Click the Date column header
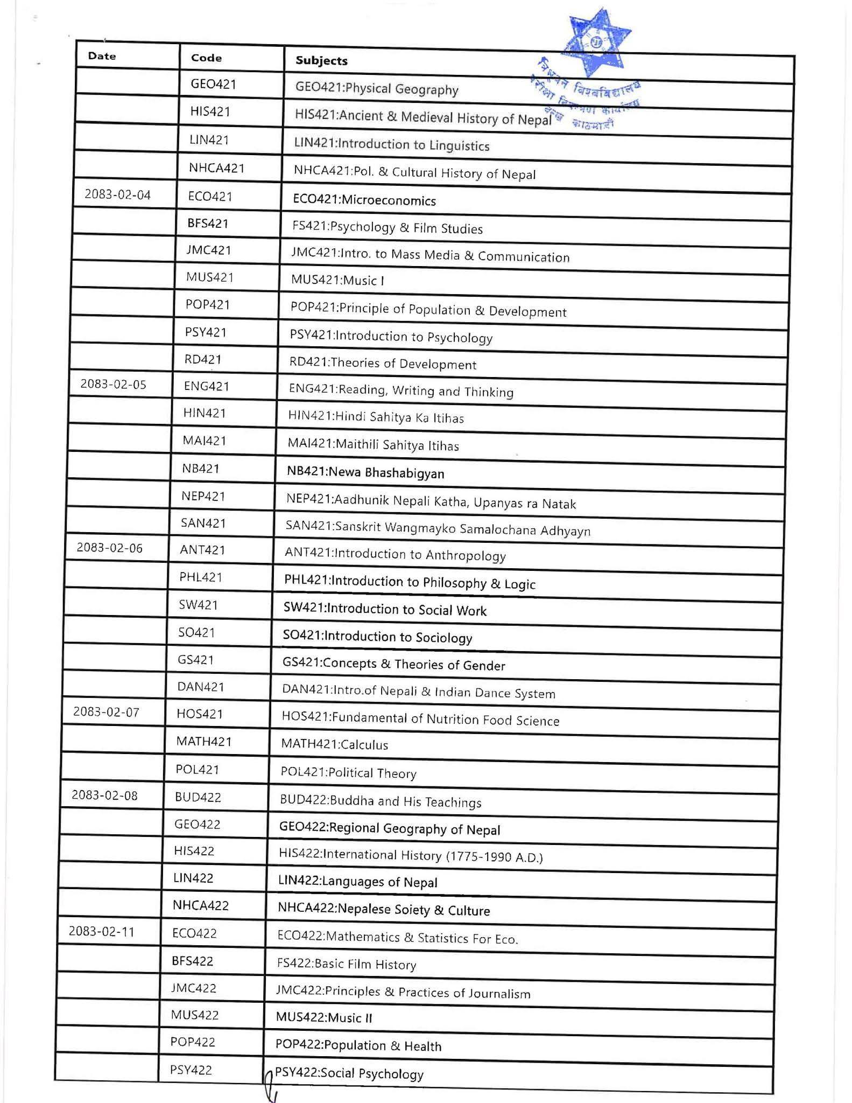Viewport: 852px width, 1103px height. (102, 56)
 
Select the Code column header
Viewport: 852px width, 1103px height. (206, 58)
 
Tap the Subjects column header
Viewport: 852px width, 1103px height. (321, 61)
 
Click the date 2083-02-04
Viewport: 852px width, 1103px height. (117, 194)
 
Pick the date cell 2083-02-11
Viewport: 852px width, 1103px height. (101, 931)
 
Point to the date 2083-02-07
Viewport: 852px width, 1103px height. (106, 712)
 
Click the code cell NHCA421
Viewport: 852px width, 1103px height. (216, 168)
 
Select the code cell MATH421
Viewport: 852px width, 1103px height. (203, 741)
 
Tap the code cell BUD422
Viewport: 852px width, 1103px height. (198, 797)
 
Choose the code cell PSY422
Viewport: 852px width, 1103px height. (191, 1070)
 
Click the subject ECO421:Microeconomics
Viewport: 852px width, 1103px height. (364, 200)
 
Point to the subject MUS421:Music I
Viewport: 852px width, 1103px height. (337, 280)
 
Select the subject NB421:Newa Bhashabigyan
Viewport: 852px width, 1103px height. (365, 472)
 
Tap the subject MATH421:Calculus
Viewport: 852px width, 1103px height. (334, 744)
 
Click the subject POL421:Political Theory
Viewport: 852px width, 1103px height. (348, 773)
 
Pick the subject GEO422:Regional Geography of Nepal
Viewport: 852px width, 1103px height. (390, 828)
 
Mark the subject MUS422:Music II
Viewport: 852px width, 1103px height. (324, 1017)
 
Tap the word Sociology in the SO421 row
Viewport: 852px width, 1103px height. (445, 638)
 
